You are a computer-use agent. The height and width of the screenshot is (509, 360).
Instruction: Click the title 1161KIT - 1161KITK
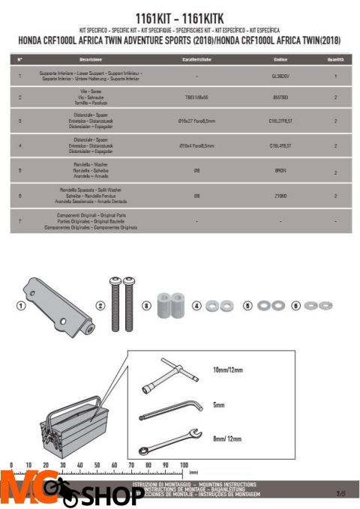click(x=179, y=16)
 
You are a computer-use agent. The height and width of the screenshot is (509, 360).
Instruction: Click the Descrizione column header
click(x=91, y=58)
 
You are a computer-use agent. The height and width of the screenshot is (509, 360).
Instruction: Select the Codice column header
click(x=279, y=58)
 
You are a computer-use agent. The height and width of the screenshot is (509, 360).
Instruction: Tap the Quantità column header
click(x=335, y=58)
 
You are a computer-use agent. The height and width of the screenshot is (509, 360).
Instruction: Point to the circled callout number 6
click(x=296, y=306)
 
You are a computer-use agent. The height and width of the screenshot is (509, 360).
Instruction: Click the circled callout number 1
click(x=21, y=306)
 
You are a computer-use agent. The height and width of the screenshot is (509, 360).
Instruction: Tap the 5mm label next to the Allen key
click(x=219, y=405)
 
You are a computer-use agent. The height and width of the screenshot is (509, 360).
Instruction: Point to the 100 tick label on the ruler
click(x=183, y=466)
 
